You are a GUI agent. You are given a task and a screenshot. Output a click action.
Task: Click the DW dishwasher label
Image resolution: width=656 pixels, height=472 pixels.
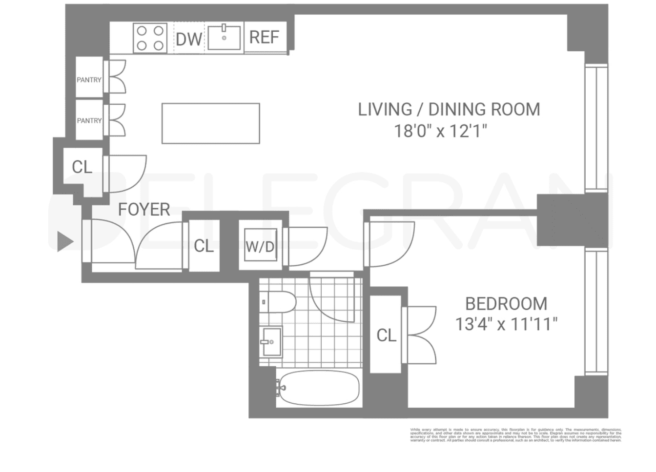click(188, 39)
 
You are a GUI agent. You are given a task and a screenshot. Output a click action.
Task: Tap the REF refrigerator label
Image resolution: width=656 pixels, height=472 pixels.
click(264, 37)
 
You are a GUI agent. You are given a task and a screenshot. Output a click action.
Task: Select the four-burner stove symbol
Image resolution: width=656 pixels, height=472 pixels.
click(150, 38)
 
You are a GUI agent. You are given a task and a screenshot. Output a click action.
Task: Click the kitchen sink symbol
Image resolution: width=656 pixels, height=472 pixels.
click(225, 37)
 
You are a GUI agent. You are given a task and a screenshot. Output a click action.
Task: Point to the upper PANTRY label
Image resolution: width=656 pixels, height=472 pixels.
click(89, 79)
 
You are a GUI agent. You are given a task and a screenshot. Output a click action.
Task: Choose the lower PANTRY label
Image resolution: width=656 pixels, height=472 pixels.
click(89, 120)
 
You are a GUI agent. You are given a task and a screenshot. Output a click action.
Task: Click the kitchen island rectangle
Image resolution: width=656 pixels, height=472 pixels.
click(210, 123)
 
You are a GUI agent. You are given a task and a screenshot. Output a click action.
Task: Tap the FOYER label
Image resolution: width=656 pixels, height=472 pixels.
click(144, 210)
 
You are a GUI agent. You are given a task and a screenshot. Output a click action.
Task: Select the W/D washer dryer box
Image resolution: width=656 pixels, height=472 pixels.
click(260, 246)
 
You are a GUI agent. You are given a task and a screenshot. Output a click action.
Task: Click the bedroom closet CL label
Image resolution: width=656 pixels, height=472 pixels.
click(386, 335)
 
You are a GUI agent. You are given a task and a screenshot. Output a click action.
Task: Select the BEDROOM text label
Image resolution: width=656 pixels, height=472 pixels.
click(506, 304)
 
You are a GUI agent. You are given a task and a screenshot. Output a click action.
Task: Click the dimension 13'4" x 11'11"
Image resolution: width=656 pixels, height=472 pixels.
click(506, 324)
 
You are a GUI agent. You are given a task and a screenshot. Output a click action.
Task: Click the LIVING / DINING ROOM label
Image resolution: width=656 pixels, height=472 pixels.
click(449, 109)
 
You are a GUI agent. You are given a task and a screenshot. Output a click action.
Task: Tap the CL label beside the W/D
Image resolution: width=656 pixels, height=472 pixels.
click(204, 246)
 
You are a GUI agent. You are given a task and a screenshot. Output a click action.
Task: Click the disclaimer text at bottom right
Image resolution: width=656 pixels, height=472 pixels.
click(515, 434)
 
